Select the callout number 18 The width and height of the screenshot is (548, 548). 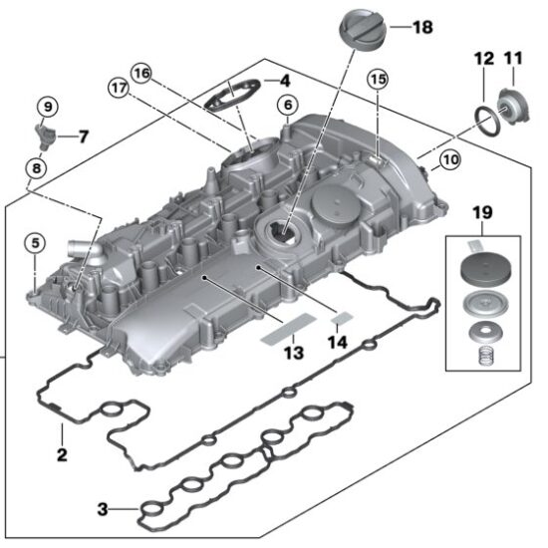(x=421, y=28)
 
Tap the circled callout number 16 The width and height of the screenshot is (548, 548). (x=141, y=73)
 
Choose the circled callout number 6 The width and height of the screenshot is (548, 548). (x=287, y=104)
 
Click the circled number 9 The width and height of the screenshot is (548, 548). (x=48, y=105)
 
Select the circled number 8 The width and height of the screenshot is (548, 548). (x=36, y=168)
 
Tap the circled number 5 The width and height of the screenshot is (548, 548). (x=34, y=241)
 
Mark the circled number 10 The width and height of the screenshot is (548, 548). (x=449, y=158)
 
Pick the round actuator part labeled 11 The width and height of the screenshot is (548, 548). (x=516, y=106)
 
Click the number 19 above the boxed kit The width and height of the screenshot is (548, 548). (x=482, y=212)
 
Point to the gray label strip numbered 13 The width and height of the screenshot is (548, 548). (x=288, y=329)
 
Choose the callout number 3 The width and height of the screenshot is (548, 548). (x=103, y=510)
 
